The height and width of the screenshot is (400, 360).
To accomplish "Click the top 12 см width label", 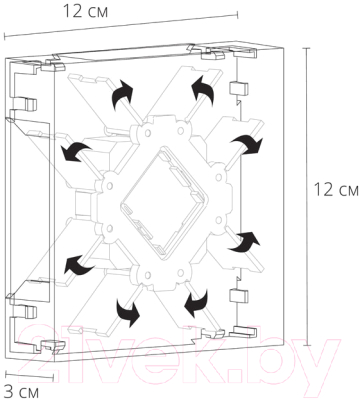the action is (85, 12).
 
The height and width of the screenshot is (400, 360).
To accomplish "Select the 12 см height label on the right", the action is (336, 190).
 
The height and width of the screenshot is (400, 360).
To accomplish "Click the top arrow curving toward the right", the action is (122, 95).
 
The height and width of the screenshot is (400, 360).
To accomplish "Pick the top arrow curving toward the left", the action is (202, 91).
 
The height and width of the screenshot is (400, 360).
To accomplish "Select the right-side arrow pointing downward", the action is (247, 144).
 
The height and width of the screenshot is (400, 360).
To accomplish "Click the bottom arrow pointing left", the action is (197, 303).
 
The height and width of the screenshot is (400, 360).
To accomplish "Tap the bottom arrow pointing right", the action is (127, 312).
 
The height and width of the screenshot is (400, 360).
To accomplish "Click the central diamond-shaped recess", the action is (163, 202).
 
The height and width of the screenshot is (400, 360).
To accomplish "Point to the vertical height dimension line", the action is (307, 197).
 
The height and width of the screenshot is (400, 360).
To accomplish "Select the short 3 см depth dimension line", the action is (29, 374).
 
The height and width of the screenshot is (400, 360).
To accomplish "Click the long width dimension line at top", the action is (121, 25).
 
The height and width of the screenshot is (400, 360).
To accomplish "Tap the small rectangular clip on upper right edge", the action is (239, 88).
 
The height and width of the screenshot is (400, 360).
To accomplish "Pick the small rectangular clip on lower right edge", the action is (239, 295).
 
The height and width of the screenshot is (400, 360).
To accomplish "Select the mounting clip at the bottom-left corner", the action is (52, 346).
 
